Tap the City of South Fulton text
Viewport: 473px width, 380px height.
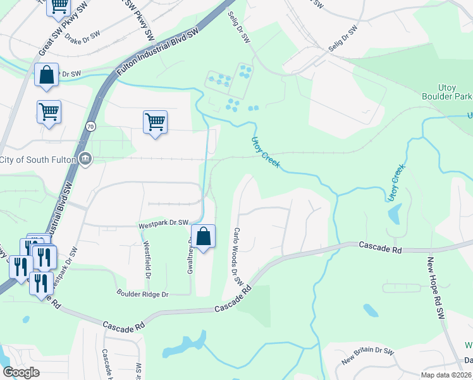(x=39, y=159)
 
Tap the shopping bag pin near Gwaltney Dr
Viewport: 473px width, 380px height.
(x=203, y=238)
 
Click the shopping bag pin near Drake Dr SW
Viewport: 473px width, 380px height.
(x=47, y=75)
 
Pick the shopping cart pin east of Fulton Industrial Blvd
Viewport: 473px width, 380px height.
(x=155, y=121)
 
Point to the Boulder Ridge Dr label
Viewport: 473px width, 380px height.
(x=142, y=293)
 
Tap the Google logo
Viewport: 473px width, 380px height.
(x=21, y=372)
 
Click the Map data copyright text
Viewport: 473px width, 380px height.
(x=444, y=376)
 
